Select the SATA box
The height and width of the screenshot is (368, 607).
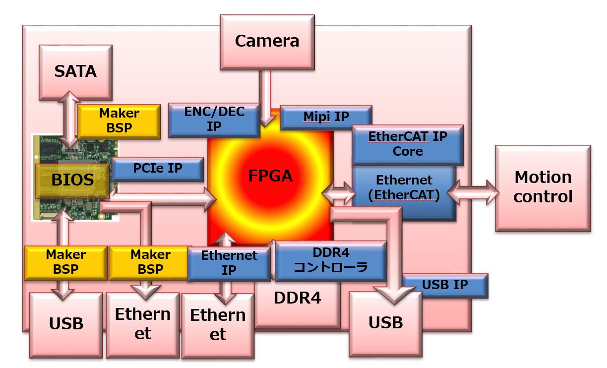[75, 71]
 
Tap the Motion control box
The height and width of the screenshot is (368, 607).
[543, 187]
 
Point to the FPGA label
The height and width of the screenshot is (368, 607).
[271, 176]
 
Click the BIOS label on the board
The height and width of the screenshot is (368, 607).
[72, 180]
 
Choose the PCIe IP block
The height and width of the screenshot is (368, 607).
[158, 169]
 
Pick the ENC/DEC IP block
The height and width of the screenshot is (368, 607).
[214, 120]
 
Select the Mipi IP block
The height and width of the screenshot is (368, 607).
[326, 117]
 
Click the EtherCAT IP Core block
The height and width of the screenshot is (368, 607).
[408, 144]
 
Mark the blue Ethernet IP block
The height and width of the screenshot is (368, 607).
[229, 263]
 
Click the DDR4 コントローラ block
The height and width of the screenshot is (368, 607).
[331, 260]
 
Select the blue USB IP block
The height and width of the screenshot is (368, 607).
[445, 285]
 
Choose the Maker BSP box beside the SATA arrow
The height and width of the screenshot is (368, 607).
[119, 121]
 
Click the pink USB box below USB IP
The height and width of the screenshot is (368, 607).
[385, 323]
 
